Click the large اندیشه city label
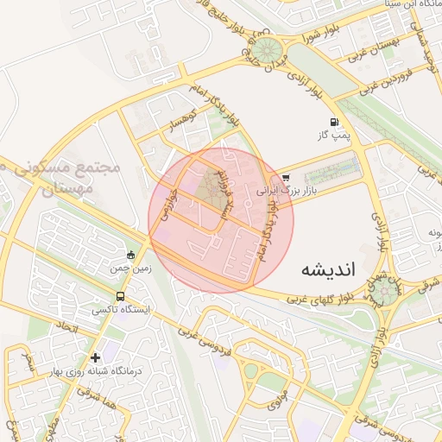328,268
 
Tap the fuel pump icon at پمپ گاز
334,122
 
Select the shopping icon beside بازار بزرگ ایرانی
286,179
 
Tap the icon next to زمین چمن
130,255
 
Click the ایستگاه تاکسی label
121,308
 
